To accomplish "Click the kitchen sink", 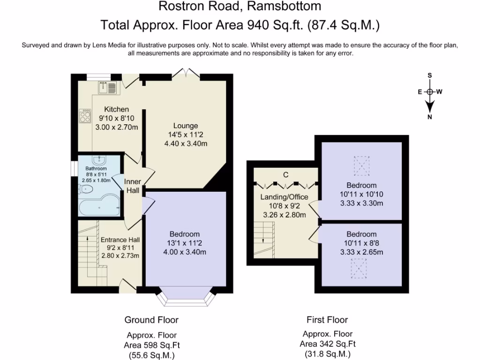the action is (107, 88).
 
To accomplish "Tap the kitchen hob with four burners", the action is (85, 116).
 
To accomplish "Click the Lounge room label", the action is (186, 126).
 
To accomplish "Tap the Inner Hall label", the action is (133, 186).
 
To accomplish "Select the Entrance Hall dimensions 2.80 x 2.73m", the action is (120, 255).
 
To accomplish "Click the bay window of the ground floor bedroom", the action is (186, 296).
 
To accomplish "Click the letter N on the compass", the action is (430, 117).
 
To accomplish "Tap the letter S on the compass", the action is (430, 75).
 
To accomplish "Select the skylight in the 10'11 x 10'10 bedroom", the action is (361, 165).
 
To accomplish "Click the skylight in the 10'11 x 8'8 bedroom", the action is (359, 269).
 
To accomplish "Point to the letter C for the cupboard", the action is (285, 175).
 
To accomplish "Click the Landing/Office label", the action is (284, 197).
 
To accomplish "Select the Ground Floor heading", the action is (151, 320).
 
